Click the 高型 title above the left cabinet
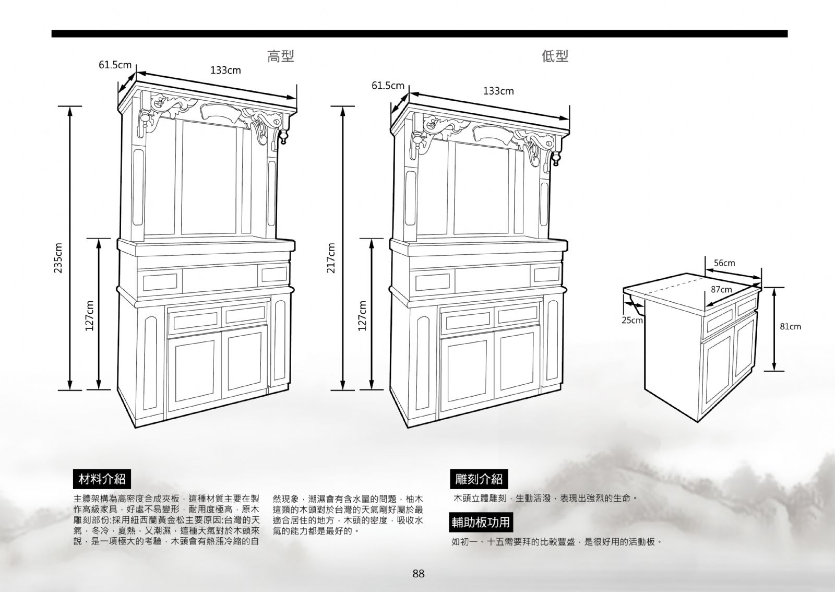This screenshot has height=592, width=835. [281, 56]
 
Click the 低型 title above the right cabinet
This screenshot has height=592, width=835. [555, 56]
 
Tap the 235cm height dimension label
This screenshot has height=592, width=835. [58, 257]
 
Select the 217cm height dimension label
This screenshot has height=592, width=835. [331, 257]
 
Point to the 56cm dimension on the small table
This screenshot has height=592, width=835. [724, 263]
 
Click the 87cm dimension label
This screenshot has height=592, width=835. [721, 289]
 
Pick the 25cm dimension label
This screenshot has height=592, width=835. [632, 320]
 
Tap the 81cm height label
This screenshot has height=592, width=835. [790, 327]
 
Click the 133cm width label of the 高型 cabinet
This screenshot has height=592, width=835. [225, 70]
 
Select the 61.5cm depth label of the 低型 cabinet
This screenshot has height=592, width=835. [388, 86]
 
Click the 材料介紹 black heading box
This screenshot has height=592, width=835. [102, 479]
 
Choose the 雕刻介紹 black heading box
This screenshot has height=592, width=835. [479, 479]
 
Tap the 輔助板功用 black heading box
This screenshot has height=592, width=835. [481, 522]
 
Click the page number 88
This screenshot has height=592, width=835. [418, 573]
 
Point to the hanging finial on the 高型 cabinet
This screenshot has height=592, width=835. [284, 137]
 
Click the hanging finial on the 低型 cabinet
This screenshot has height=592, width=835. [557, 158]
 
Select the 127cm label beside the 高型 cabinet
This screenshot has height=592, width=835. [89, 315]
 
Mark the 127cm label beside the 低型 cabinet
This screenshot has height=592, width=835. [362, 315]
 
